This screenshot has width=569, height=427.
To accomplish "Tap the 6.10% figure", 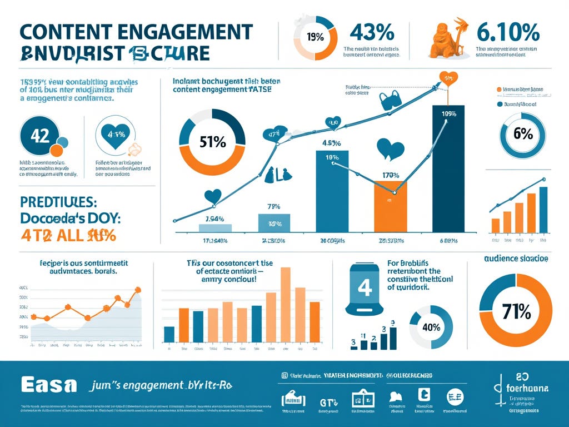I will coord(507,33).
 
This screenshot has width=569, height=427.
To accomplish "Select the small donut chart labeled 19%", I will coord(315,38).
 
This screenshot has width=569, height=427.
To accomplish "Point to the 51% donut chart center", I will coord(212,142).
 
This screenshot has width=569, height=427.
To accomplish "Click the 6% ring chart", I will coord(523,134).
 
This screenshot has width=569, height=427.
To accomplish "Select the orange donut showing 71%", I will coord(516,311).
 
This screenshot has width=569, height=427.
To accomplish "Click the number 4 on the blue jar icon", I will coord(365,287).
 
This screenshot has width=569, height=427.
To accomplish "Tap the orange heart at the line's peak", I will coord(448,77).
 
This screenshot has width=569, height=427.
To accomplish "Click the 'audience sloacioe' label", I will coord(516,259).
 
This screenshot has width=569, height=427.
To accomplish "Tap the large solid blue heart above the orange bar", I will coord(390,149).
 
